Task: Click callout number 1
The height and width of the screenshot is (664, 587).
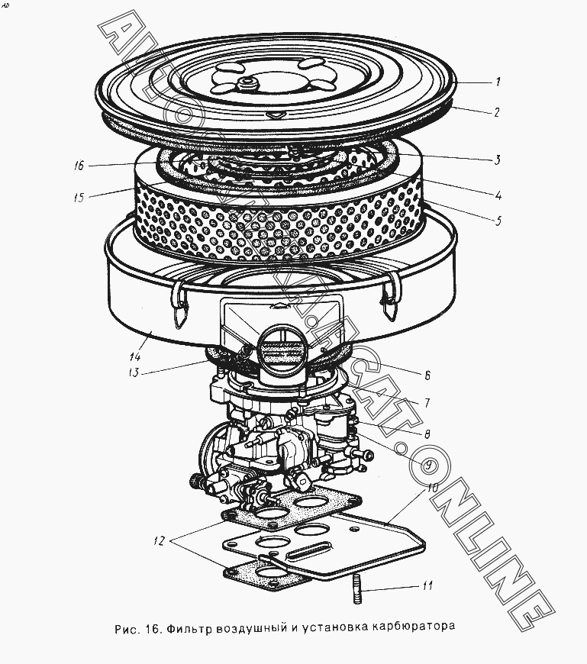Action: click(x=498, y=82)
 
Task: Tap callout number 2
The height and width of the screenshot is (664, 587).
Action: click(x=497, y=112)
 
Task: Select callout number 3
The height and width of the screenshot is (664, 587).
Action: click(x=498, y=160)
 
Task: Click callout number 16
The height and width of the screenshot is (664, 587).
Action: click(x=79, y=165)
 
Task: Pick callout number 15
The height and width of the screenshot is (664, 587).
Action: click(x=79, y=198)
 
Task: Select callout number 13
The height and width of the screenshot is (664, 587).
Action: click(x=134, y=372)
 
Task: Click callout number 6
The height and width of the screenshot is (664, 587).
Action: click(x=427, y=376)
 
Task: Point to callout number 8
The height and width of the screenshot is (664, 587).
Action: click(x=427, y=434)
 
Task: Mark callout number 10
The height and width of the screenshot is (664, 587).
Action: click(x=432, y=488)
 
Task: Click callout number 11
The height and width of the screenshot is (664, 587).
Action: click(x=427, y=585)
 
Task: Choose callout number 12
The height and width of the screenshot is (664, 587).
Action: click(x=159, y=541)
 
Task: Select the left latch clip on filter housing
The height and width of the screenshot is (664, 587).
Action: click(x=179, y=304)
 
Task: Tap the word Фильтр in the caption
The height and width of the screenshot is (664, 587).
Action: click(x=189, y=627)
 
